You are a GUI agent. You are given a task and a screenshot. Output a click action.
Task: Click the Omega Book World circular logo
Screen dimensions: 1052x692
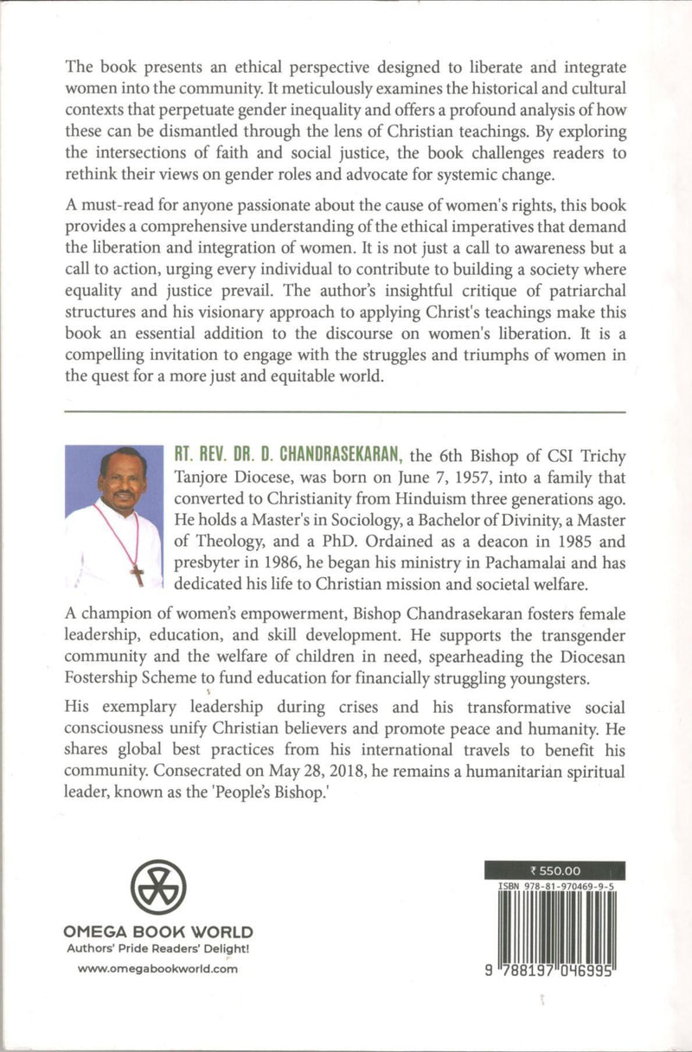tap(158, 888)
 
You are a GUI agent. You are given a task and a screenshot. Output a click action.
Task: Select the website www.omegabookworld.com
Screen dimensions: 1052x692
tap(157, 969)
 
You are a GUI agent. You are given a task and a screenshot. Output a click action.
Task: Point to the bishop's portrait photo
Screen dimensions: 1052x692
tap(113, 517)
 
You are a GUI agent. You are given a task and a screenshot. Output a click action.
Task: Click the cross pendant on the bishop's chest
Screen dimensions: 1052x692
tap(137, 574)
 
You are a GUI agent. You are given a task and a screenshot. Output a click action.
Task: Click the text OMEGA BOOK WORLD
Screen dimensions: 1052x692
tap(158, 933)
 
